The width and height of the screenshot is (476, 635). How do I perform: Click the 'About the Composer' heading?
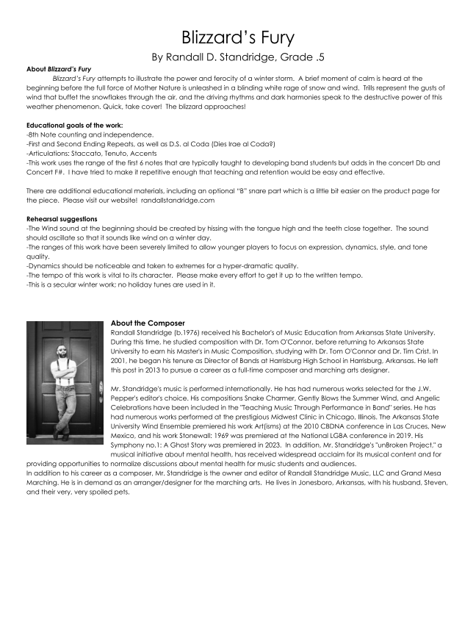pos(150,323)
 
